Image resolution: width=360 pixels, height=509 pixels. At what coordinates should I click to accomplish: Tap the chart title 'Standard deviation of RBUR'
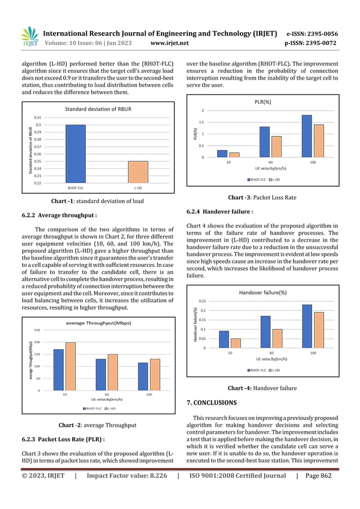click(x=99, y=108)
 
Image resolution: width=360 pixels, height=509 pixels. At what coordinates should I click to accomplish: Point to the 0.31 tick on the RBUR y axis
click(x=38, y=117)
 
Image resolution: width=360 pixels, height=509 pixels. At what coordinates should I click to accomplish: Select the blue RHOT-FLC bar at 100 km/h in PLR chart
click(x=307, y=136)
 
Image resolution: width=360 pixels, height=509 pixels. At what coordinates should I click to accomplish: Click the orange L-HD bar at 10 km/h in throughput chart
click(x=71, y=366)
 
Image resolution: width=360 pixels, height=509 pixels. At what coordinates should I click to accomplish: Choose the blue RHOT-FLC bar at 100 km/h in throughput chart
click(x=143, y=376)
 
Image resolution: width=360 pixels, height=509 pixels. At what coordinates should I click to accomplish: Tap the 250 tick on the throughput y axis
click(x=37, y=330)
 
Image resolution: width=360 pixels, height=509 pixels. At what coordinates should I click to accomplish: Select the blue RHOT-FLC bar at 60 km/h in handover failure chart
click(x=265, y=332)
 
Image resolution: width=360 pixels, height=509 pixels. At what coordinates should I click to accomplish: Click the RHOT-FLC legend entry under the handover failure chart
click(x=257, y=370)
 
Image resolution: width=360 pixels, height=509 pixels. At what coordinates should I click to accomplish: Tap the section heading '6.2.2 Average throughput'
click(x=56, y=215)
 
